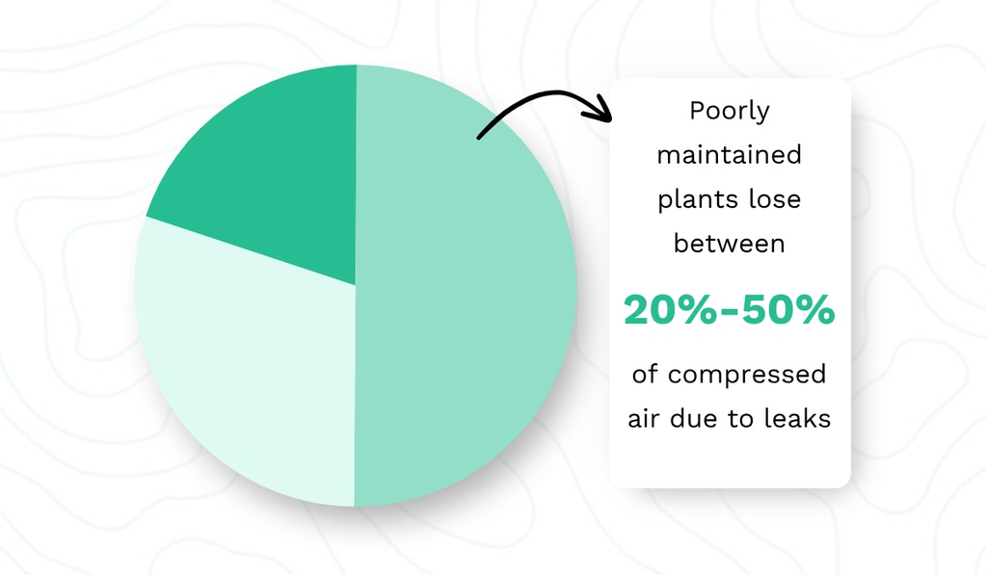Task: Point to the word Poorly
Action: pos(730,112)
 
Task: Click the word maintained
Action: pos(730,155)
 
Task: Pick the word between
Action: pos(730,244)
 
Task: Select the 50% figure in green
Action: pos(788,309)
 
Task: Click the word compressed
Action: pos(747,375)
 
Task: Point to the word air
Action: pos(643,418)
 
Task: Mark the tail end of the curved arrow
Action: pos(479,137)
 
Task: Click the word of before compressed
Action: pos(645,375)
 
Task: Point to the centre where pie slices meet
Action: pos(356,286)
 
